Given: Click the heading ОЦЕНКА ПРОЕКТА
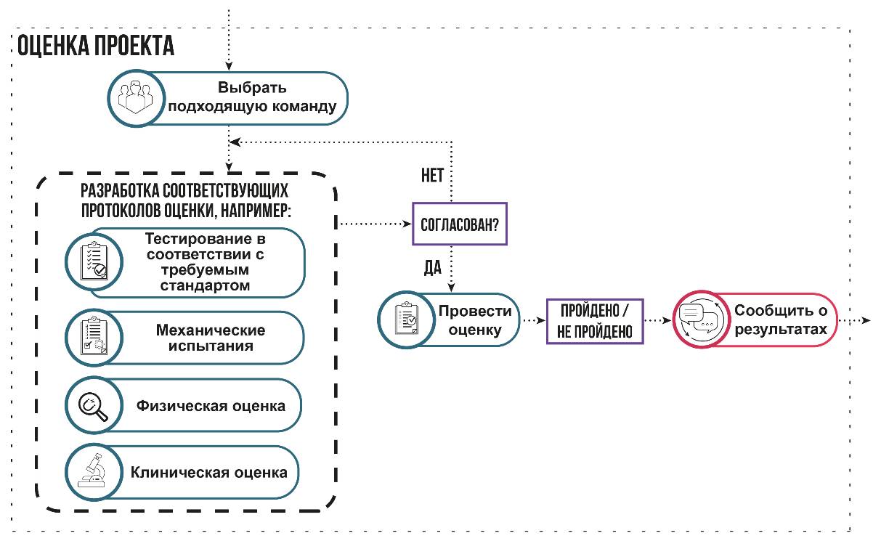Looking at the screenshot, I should [x=95, y=46].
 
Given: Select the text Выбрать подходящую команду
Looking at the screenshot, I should [x=252, y=98].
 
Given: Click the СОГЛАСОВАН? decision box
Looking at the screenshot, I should [x=460, y=224].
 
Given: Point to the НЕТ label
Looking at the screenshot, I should [x=432, y=176].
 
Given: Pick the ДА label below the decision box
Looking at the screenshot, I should [x=432, y=269].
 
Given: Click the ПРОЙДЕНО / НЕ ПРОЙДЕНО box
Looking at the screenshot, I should [x=595, y=320].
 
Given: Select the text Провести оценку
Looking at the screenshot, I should [x=474, y=320].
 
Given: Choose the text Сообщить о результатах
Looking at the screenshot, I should [x=780, y=320].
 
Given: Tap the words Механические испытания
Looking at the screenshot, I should [x=211, y=338].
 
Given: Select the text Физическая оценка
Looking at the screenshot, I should [x=211, y=405].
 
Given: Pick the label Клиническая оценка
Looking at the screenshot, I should [x=209, y=472].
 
